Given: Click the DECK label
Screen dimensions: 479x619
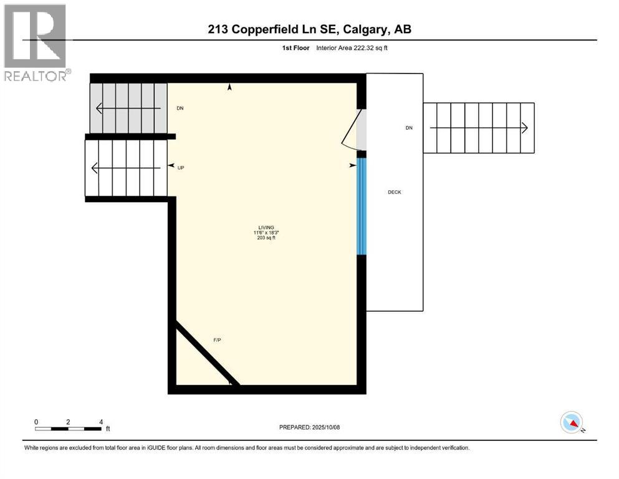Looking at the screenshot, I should pyautogui.click(x=394, y=192).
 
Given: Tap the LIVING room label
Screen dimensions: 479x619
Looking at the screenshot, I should pyautogui.click(x=267, y=228).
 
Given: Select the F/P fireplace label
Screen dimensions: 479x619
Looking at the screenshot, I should pyautogui.click(x=218, y=340).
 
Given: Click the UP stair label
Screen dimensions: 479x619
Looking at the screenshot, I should pyautogui.click(x=181, y=168).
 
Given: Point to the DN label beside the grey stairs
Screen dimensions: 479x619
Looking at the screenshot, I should pyautogui.click(x=180, y=109).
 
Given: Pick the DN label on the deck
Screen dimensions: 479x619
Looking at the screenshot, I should pyautogui.click(x=409, y=128).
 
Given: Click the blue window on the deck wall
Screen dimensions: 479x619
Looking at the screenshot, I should pyautogui.click(x=360, y=206).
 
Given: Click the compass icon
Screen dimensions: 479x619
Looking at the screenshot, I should pyautogui.click(x=572, y=422).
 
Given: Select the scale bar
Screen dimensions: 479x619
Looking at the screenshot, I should pyautogui.click(x=69, y=428).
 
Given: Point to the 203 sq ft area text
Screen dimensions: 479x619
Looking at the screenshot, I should pyautogui.click(x=267, y=238).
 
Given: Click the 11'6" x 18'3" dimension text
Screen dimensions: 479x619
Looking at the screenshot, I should pyautogui.click(x=267, y=233).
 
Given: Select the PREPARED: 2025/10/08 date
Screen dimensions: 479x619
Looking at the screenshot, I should pyautogui.click(x=309, y=427).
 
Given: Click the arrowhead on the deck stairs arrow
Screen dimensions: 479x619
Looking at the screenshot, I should pyautogui.click(x=525, y=128).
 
